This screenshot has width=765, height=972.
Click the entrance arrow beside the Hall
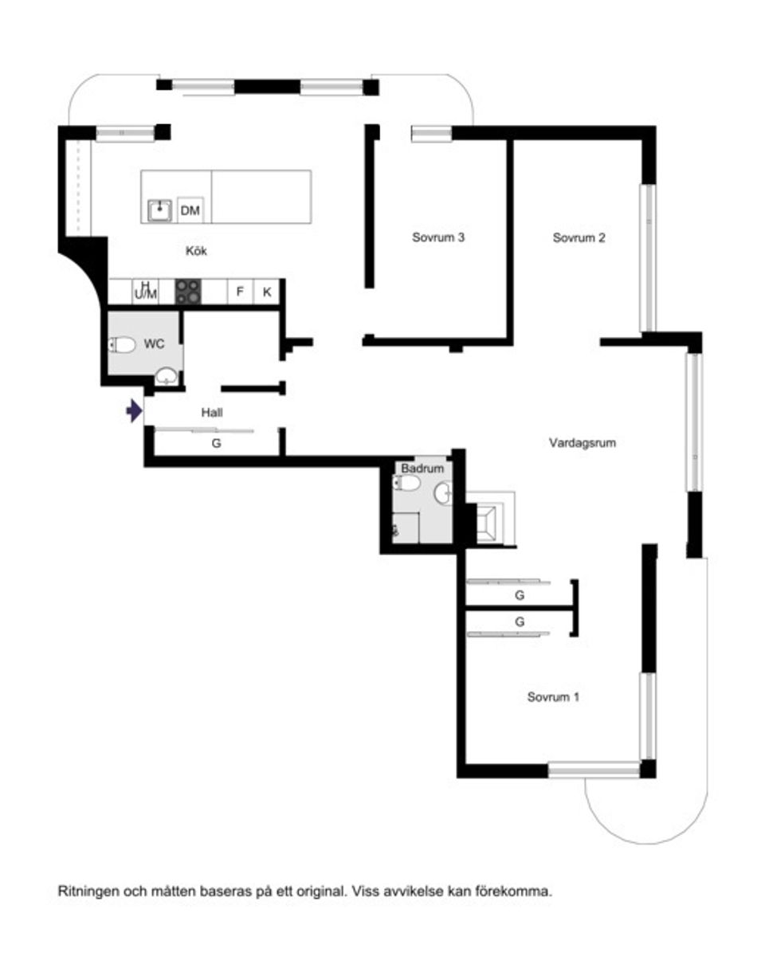[x=134, y=410]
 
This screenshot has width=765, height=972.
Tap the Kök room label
[x=197, y=251]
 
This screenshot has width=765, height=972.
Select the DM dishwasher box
[x=190, y=210]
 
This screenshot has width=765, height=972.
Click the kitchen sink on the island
[x=160, y=210]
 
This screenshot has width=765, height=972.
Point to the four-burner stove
[x=188, y=292]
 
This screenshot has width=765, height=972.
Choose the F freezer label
[x=240, y=292]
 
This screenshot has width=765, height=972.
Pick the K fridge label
[x=267, y=292]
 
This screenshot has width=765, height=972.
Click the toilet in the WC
[x=122, y=346]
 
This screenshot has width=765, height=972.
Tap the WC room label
[x=154, y=344]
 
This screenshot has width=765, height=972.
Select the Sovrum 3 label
[x=437, y=237]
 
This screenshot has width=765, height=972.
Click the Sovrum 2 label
[x=579, y=237]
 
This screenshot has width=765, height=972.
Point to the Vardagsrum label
[x=583, y=443]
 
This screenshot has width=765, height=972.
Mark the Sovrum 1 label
[x=553, y=697]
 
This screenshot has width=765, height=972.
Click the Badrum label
[x=422, y=468]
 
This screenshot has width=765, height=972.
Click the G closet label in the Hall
[x=217, y=444]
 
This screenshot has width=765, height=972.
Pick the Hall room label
[x=212, y=413]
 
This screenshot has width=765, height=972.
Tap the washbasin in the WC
[x=167, y=376]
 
